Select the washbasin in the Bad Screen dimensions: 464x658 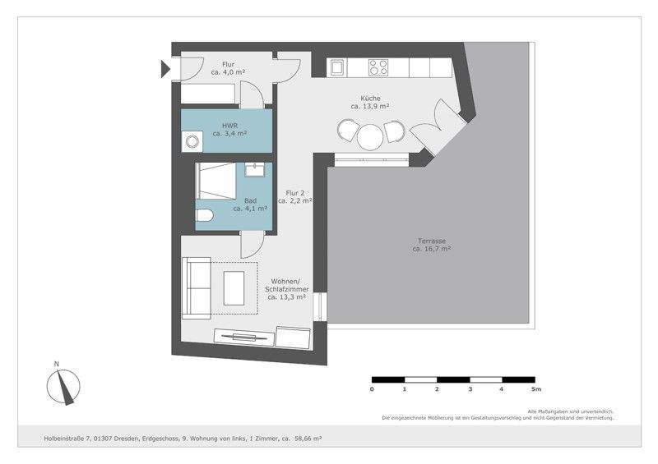[253, 170]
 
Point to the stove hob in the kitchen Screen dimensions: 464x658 [378, 67]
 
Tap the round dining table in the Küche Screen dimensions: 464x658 [370, 136]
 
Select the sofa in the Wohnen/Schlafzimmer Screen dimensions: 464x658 [197, 287]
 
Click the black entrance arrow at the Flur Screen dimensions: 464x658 [164, 68]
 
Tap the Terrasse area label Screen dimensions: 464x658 [432, 244]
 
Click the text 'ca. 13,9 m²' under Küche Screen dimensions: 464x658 [370, 106]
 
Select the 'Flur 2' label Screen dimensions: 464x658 [294, 192]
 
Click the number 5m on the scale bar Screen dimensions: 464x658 [535, 389]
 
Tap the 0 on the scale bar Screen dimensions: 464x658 [373, 389]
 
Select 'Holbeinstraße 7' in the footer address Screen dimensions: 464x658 [69, 439]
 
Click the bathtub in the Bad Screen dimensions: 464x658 [217, 181]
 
